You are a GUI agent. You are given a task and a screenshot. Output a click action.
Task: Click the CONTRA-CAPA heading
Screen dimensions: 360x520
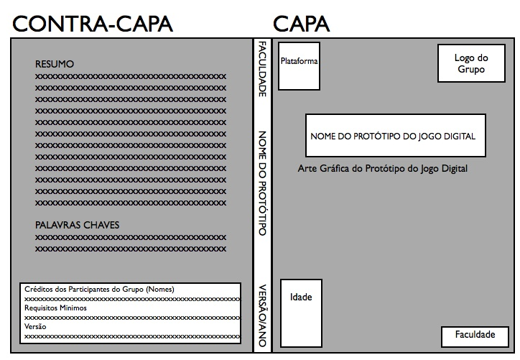(93, 23)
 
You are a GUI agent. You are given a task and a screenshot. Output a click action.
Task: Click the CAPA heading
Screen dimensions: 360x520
(302, 23)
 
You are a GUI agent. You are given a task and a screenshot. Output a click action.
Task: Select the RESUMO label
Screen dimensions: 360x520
(55, 65)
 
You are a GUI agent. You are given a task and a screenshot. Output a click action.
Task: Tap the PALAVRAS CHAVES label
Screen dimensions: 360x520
(77, 225)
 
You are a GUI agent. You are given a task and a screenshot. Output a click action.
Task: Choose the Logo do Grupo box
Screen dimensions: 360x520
(471, 64)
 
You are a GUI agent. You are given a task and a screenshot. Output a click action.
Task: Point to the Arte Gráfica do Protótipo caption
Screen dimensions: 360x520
(382, 169)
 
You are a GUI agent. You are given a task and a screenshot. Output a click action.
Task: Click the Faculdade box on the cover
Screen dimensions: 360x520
(475, 335)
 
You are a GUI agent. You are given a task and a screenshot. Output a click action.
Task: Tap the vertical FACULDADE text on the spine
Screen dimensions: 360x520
(262, 70)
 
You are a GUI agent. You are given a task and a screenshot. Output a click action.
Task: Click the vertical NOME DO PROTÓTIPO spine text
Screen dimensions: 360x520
(262, 183)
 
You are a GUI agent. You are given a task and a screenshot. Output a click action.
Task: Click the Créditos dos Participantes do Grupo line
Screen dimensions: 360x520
(99, 289)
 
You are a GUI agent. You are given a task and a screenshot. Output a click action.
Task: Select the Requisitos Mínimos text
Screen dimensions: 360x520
(55, 308)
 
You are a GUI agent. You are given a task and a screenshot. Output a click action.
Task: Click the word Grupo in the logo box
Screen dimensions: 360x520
(471, 70)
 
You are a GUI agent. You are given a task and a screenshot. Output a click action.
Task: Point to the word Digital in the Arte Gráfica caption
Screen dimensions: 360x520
(454, 169)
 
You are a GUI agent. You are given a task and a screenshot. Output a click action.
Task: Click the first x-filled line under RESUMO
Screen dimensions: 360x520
(131, 75)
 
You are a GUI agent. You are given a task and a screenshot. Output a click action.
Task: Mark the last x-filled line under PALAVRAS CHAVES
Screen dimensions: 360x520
(131, 247)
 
